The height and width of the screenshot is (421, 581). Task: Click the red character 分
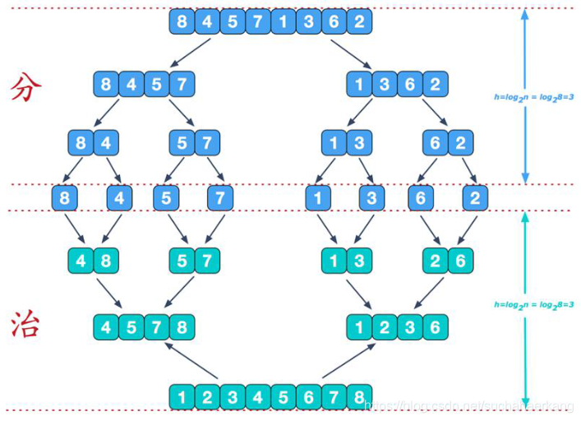[27, 87]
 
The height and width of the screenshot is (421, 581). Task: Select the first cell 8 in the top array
[182, 21]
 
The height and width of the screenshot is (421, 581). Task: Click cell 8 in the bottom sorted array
[359, 397]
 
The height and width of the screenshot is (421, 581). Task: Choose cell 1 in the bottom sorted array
[182, 397]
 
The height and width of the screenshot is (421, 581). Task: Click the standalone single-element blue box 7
[219, 197]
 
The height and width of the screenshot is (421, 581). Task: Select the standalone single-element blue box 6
[422, 197]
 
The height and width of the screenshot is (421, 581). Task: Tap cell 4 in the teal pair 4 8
[82, 261]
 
